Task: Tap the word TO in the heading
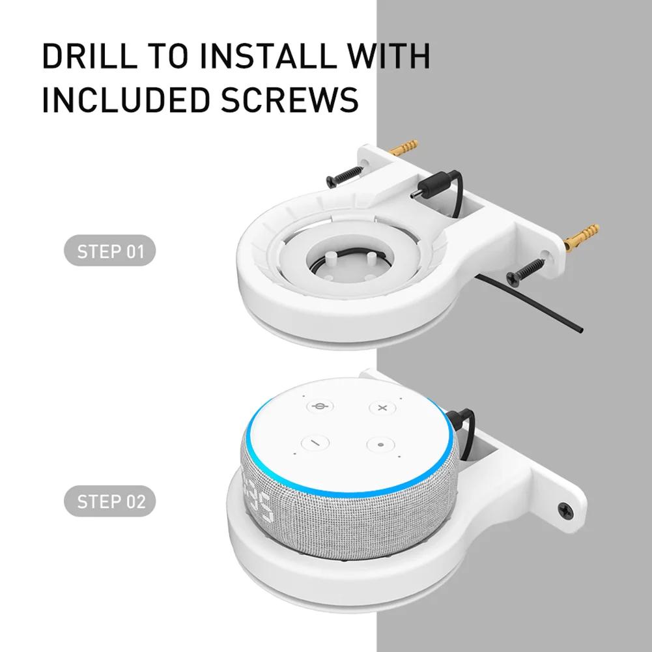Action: pyautogui.click(x=169, y=57)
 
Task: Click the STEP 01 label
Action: pyautogui.click(x=110, y=251)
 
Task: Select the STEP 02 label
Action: pyautogui.click(x=110, y=502)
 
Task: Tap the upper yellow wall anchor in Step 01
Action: pyautogui.click(x=404, y=147)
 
